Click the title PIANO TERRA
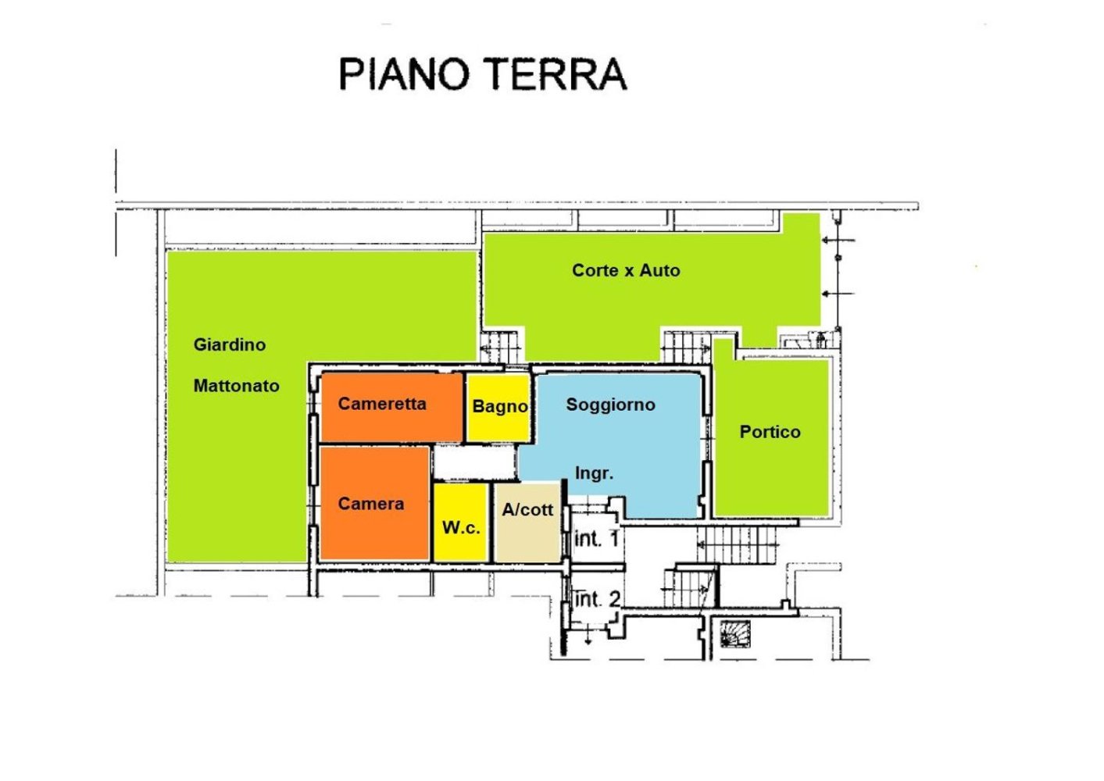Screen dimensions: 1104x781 (x=483, y=74)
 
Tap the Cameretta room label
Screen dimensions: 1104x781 (x=382, y=404)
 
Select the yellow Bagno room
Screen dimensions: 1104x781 (x=498, y=408)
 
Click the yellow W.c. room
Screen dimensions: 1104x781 (x=461, y=522)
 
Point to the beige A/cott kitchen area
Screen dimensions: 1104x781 (x=527, y=522)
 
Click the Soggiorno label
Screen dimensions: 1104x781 (x=611, y=405)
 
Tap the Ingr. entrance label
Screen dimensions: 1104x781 (x=594, y=473)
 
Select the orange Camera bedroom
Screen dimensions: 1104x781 (x=374, y=503)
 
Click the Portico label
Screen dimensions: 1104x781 (x=770, y=432)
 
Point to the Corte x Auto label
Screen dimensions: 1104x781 (x=626, y=270)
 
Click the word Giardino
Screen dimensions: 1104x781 (x=230, y=344)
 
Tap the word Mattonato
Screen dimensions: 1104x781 (x=237, y=385)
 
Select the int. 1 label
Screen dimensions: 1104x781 (x=596, y=539)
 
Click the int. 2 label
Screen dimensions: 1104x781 (x=598, y=600)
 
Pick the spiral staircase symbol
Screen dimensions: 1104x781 (x=735, y=633)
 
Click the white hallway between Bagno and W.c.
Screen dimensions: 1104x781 (x=474, y=462)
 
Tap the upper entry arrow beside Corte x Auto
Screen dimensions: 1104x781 (x=838, y=241)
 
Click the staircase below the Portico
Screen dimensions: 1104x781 (x=738, y=544)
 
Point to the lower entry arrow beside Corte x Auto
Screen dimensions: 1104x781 (x=838, y=294)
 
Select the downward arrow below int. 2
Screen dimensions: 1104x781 (x=588, y=637)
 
